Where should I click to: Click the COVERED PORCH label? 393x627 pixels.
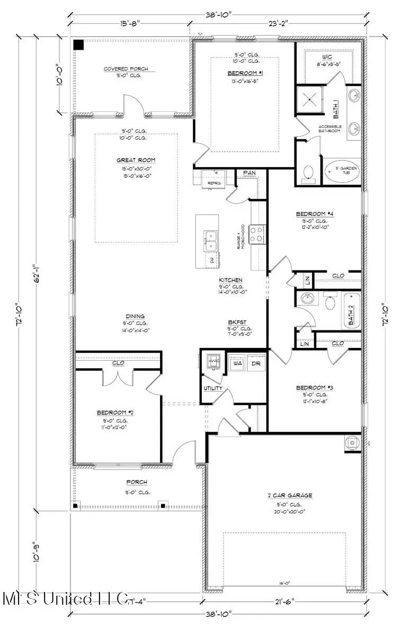click(x=126, y=69)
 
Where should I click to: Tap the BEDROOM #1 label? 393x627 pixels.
click(x=245, y=73)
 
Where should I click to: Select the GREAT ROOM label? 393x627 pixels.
click(x=136, y=160)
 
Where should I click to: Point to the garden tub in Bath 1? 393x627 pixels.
click(x=341, y=172)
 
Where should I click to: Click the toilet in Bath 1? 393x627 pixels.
click(x=307, y=173)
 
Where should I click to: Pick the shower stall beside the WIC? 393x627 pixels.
click(x=310, y=99)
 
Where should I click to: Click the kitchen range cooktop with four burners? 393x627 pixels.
click(x=257, y=233)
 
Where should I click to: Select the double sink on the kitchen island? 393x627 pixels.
click(x=211, y=240)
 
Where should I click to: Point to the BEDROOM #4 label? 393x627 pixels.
click(x=315, y=214)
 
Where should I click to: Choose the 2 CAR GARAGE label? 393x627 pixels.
click(x=289, y=495)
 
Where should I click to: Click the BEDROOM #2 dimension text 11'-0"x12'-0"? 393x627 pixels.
click(x=111, y=426)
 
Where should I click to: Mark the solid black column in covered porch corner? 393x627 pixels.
click(x=79, y=45)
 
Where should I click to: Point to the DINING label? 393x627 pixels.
click(x=135, y=317)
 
